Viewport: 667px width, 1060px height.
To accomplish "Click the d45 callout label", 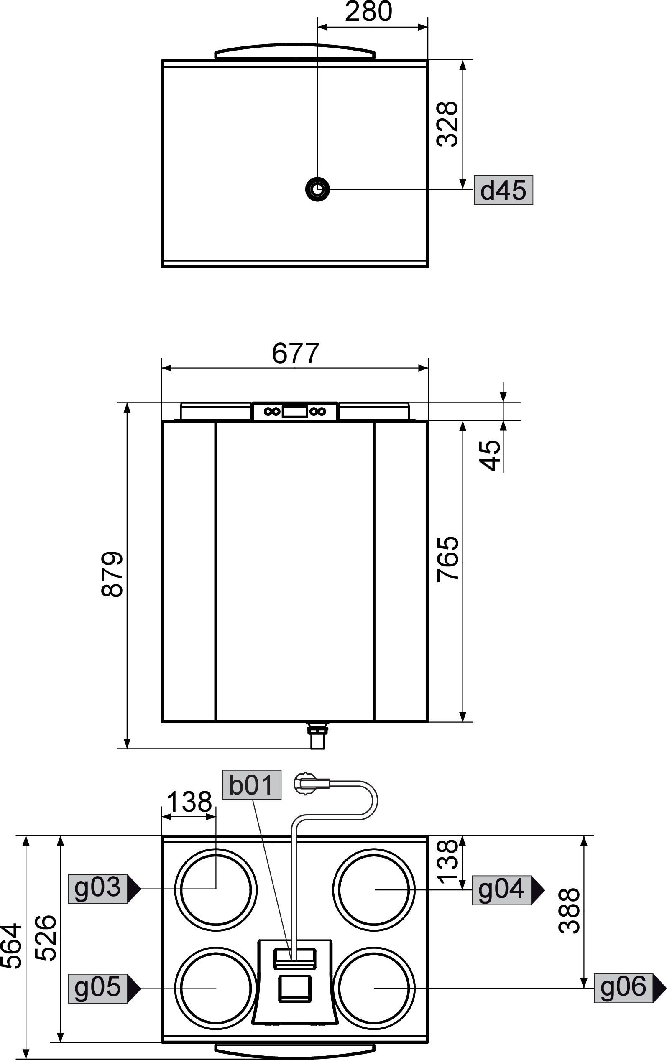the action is (503, 190).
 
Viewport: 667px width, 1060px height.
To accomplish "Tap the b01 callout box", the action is (252, 785).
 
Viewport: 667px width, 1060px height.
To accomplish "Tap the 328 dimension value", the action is (447, 124).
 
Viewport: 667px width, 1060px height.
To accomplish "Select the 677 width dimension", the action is (295, 353).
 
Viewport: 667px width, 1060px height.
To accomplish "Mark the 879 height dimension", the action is (112, 574).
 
